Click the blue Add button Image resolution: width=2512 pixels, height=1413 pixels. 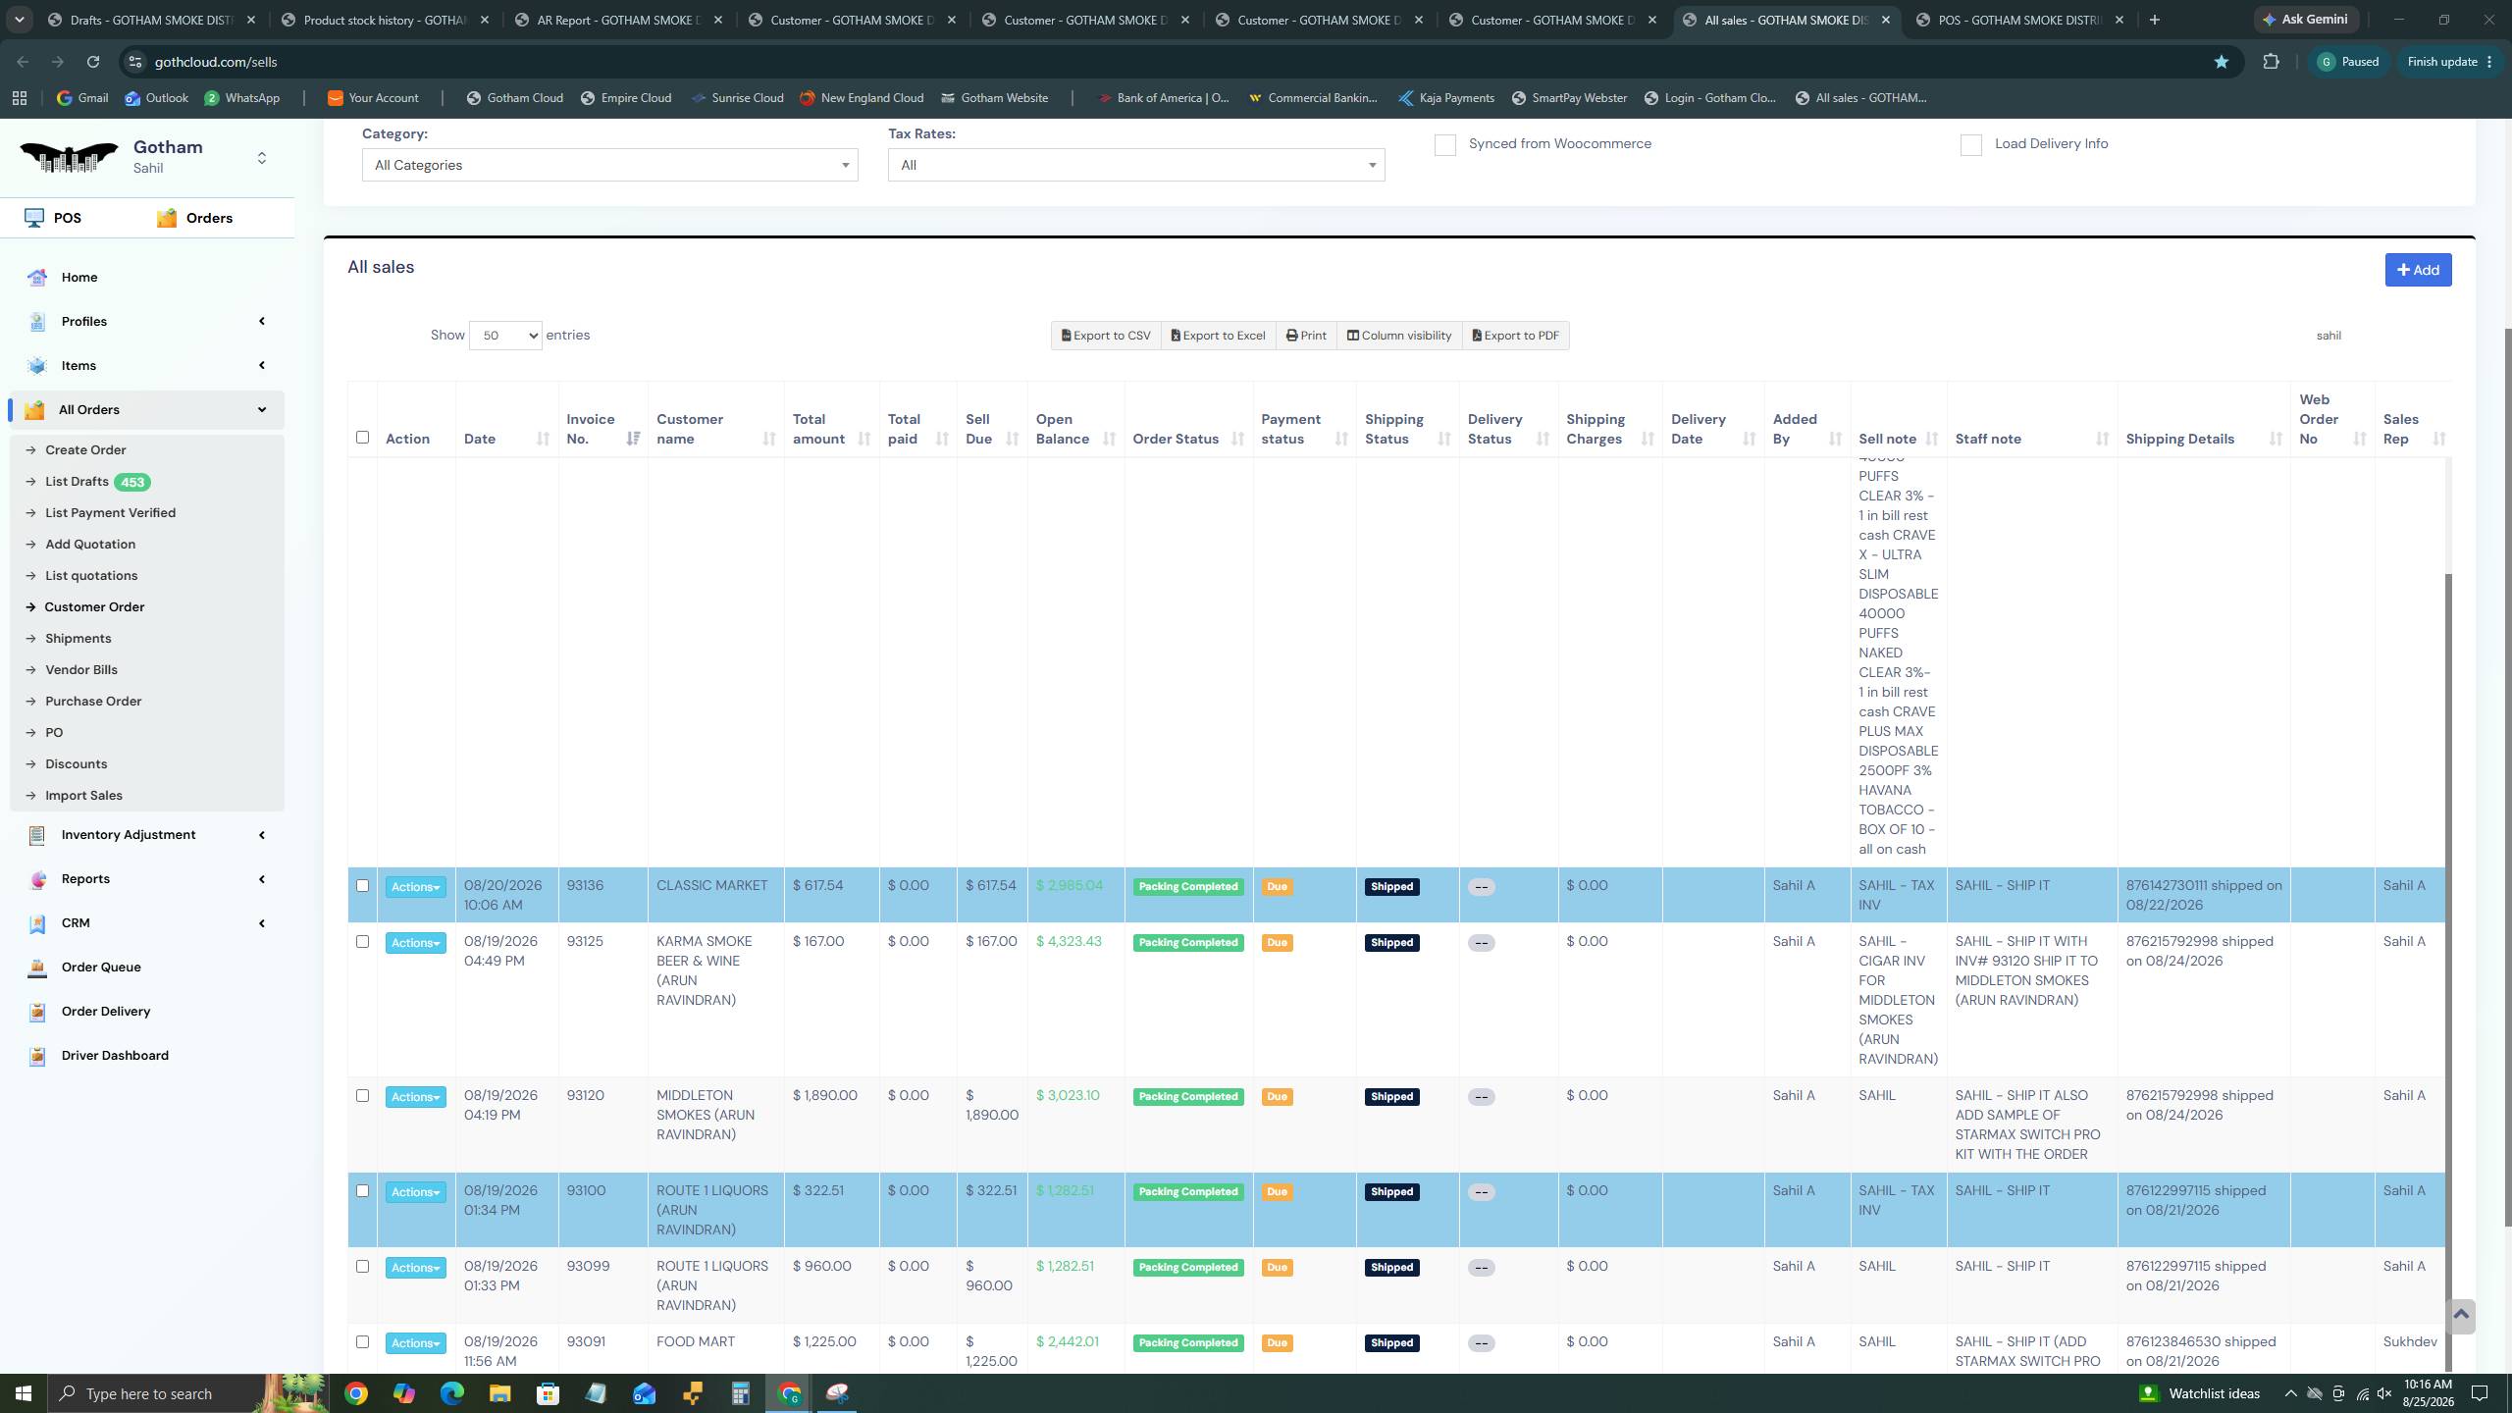pos(2418,270)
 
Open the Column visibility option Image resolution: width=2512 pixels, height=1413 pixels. pos(1398,336)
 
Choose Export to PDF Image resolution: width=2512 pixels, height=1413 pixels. pos(1515,336)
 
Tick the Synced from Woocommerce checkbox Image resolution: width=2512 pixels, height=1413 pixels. pos(1444,145)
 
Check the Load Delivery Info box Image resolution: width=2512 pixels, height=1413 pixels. pos(1970,145)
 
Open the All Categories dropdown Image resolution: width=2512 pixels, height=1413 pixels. pos(609,165)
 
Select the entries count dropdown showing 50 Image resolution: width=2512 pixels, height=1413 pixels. pos(505,336)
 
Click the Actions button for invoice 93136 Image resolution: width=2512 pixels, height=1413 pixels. pos(415,887)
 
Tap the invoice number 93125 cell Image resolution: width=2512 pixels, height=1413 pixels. pos(585,941)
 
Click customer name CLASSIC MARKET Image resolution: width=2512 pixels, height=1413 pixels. pos(711,885)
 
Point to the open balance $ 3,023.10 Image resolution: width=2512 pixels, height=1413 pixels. pos(1068,1095)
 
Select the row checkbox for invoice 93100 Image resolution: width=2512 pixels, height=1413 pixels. pos(362,1190)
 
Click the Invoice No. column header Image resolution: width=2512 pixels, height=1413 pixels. pos(591,429)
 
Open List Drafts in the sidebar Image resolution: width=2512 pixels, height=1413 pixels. pos(77,481)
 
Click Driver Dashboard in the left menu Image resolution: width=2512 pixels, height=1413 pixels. pos(115,1055)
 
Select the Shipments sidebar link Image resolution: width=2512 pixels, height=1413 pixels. pos(78,638)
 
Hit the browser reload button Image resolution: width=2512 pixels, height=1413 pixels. pos(93,62)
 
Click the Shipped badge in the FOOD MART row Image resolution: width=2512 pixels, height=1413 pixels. pos(1391,1342)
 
